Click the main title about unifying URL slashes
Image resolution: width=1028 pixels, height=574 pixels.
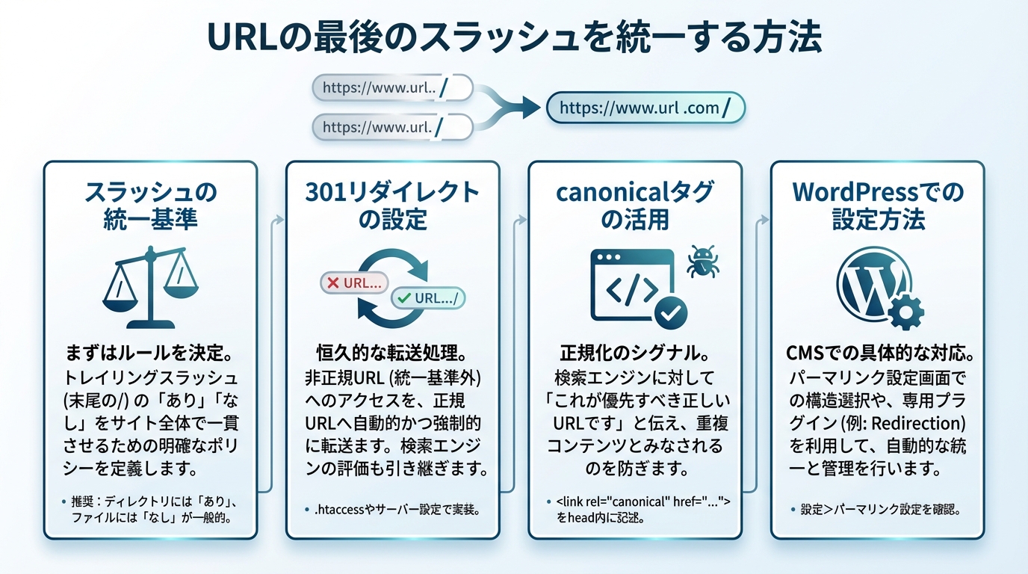(514, 37)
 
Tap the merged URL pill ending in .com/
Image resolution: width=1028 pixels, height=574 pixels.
(645, 108)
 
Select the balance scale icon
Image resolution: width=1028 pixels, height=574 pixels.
(150, 288)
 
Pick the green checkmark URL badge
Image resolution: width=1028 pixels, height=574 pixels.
(429, 297)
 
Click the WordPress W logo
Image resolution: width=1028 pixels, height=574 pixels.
(869, 283)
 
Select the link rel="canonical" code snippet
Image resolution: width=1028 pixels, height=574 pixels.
(639, 503)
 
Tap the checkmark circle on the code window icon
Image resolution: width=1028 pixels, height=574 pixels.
(670, 311)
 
